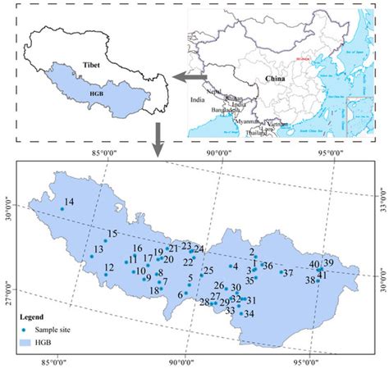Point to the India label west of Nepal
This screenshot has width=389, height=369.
click(198, 101)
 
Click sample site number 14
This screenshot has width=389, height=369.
click(62, 209)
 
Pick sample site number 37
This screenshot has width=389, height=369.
click(281, 272)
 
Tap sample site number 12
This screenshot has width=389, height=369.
click(105, 274)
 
